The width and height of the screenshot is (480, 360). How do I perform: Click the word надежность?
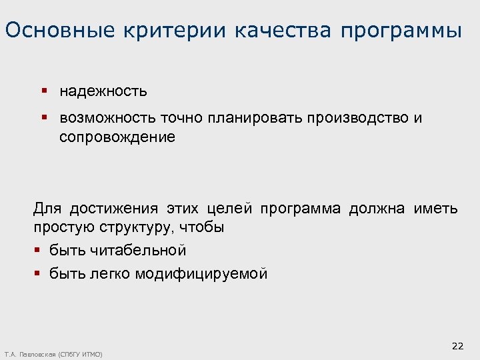[x=103, y=91]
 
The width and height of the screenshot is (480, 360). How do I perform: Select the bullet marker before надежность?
[x=43, y=90]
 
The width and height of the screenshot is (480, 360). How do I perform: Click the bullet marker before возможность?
[x=43, y=117]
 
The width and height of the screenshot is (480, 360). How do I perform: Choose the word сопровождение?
[x=117, y=137]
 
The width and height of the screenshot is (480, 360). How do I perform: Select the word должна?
[x=376, y=209]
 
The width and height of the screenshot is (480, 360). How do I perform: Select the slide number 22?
[x=457, y=345]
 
